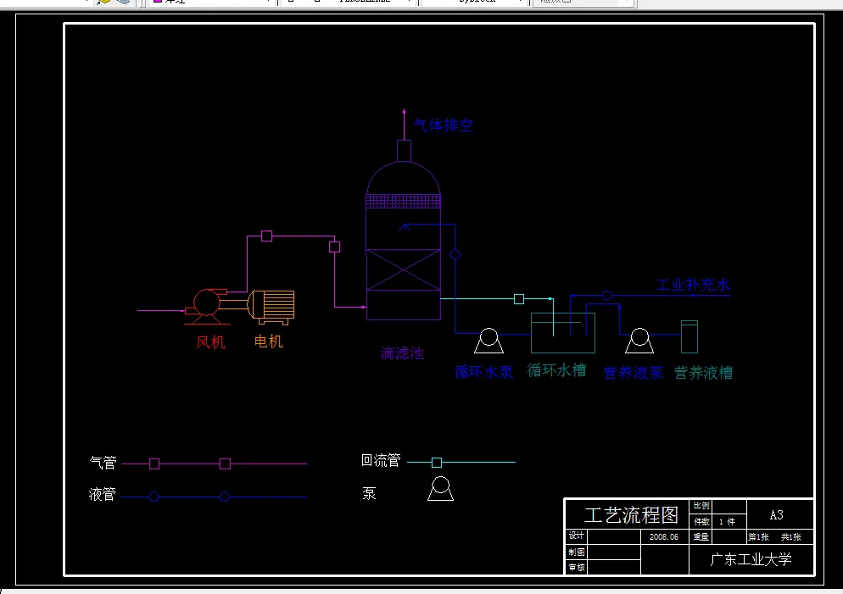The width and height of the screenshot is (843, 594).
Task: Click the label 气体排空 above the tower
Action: pos(444,125)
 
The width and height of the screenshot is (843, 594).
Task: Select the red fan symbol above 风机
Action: pos(206,303)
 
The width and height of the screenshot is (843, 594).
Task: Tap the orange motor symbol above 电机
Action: pos(271,306)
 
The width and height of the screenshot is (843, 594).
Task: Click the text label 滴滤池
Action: pos(402,353)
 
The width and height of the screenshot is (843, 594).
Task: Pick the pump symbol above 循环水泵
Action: pos(488,341)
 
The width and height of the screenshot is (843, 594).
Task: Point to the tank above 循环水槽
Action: pos(562,333)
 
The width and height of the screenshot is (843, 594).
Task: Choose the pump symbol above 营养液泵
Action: pos(638,341)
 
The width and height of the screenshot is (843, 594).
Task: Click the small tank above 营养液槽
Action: pos(689,336)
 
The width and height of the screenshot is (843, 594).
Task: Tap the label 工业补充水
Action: pos(693,285)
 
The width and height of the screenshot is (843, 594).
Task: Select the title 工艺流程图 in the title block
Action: pos(632,514)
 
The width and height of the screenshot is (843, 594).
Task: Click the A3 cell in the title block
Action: pos(776,514)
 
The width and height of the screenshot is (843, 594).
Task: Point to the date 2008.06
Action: pos(663,537)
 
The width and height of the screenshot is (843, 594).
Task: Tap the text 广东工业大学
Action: pos(751,559)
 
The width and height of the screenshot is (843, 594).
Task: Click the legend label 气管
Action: pos(103,463)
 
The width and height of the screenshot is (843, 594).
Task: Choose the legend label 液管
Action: pos(103,495)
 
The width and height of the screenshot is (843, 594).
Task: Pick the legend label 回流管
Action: pos(380,461)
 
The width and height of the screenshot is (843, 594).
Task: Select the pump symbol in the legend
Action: pos(440,489)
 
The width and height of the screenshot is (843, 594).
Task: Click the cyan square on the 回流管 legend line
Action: pos(437,462)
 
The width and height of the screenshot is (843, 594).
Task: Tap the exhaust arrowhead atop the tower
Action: pos(405,114)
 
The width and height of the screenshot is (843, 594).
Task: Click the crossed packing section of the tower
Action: pos(403,270)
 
